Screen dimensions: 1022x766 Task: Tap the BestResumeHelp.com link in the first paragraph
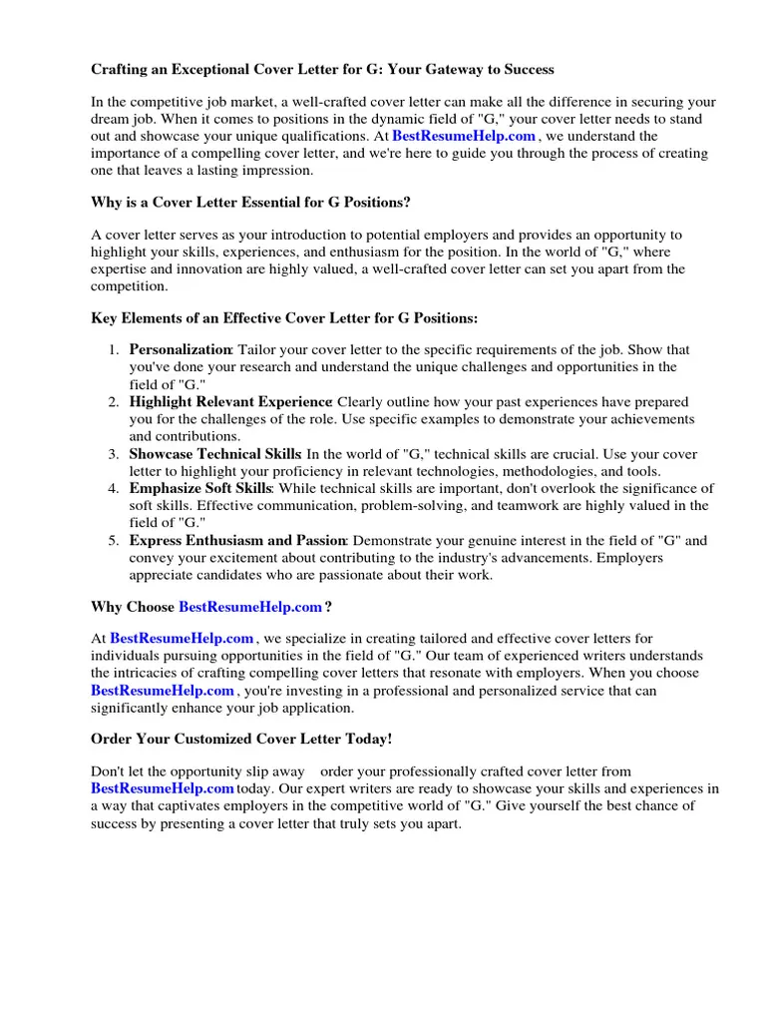pyautogui.click(x=465, y=136)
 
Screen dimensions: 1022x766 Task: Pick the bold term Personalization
pyautogui.click(x=181, y=350)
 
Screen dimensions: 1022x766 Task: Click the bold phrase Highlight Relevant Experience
pyautogui.click(x=231, y=402)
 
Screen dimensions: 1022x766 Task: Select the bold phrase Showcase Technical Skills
pyautogui.click(x=215, y=454)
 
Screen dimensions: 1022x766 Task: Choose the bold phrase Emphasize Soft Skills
pyautogui.click(x=200, y=488)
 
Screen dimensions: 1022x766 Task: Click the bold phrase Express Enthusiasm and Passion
pyautogui.click(x=237, y=540)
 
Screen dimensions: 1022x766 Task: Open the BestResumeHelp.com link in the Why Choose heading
pyautogui.click(x=250, y=606)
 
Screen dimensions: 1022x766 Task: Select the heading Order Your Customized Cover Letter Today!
pyautogui.click(x=241, y=739)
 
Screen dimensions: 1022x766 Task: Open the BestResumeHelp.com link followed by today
pyautogui.click(x=163, y=788)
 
